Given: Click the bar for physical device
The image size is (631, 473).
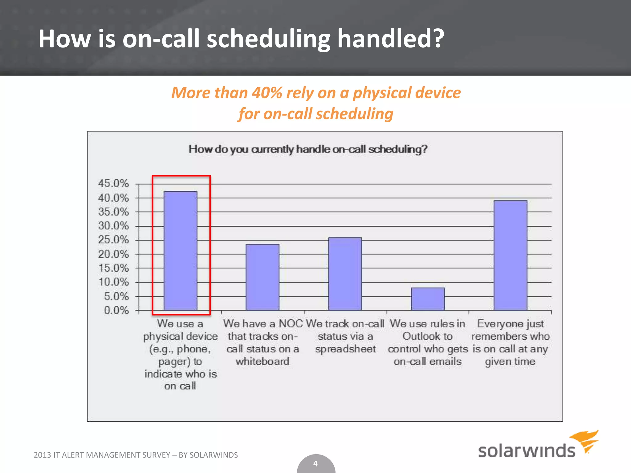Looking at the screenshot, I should [180, 251].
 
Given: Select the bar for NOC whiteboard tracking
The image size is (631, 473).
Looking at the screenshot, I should [263, 277].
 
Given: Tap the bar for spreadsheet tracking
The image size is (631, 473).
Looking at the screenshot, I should [345, 274].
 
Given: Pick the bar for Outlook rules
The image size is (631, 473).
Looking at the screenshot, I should [428, 299].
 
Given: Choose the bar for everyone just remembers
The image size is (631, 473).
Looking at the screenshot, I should [510, 255].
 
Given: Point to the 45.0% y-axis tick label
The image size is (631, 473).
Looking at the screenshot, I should [113, 184].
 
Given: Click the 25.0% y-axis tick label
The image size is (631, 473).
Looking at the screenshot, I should [113, 240].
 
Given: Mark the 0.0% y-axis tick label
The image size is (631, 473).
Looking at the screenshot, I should [116, 310].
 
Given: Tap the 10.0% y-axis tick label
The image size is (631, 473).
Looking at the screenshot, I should [113, 282].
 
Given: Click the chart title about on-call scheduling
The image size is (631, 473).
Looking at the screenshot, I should [308, 149].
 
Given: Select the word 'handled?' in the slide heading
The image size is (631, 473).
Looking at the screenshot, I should [391, 39].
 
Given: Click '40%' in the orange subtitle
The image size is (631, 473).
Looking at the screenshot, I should [267, 93].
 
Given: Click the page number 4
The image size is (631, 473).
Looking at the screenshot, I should [315, 464].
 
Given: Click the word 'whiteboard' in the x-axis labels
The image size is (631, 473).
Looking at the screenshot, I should [263, 362].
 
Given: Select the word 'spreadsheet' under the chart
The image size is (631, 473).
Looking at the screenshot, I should [345, 349].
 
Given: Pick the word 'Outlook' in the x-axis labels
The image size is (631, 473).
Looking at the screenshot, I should [427, 336].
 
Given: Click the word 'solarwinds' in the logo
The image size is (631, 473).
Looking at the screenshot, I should [527, 451].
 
